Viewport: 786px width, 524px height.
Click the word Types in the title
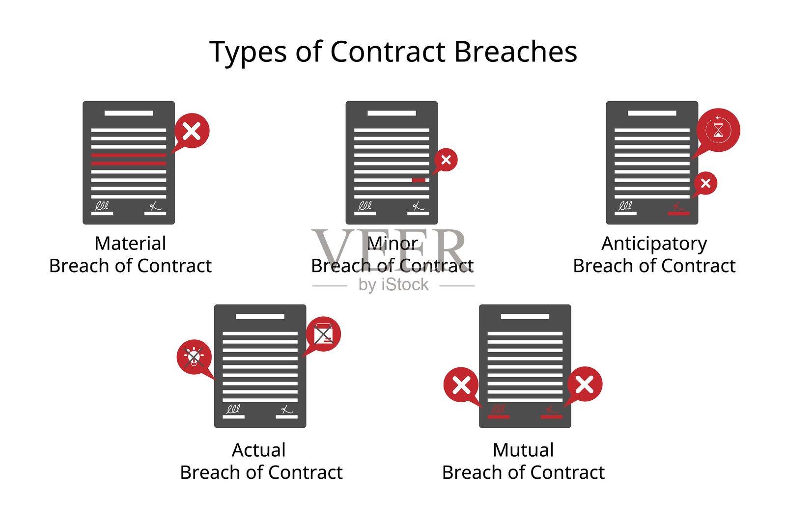248,53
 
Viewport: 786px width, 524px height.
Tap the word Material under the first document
130,243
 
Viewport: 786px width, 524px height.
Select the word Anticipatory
654,244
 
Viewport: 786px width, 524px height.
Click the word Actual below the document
259,450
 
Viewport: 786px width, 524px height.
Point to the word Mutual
523,450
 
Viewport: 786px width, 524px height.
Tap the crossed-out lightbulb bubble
195,358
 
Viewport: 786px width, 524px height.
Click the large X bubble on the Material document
192,131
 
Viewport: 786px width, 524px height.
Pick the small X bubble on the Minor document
446,160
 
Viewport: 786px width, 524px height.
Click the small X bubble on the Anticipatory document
705,184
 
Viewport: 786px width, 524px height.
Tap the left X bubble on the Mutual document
461,386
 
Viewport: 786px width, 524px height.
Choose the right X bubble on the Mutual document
584,385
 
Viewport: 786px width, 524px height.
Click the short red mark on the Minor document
418,180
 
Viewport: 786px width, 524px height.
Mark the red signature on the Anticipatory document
678,208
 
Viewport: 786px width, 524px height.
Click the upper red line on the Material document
128,155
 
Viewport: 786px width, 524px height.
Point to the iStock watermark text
393,284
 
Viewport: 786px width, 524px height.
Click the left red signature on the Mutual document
498,412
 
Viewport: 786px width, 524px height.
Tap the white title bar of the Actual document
260,316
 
